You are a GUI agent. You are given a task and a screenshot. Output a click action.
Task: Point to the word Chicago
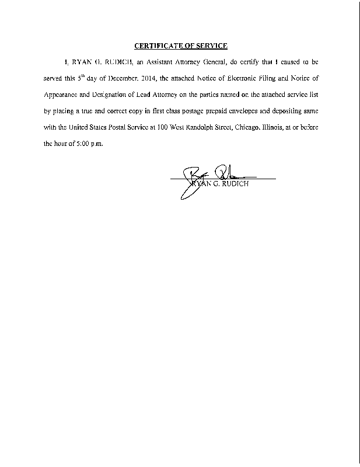(245, 127)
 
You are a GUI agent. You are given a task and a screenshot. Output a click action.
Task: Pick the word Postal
(107, 127)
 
